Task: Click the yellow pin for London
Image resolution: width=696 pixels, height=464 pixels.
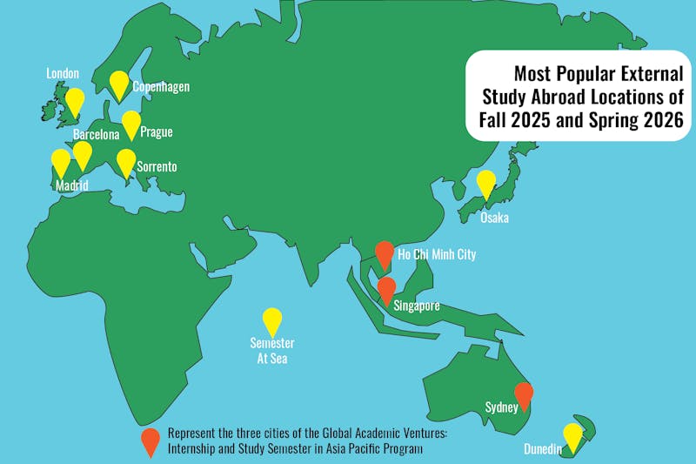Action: pyautogui.click(x=76, y=101)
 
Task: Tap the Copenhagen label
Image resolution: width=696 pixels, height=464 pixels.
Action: pyautogui.click(x=161, y=87)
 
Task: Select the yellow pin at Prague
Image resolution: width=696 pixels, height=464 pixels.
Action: pyautogui.click(x=130, y=124)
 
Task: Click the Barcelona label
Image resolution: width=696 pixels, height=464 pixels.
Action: pyautogui.click(x=96, y=135)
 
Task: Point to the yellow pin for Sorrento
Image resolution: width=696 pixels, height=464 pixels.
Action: pyautogui.click(x=126, y=162)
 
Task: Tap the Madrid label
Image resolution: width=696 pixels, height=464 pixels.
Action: pyautogui.click(x=71, y=185)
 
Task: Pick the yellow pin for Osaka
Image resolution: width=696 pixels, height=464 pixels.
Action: pyautogui.click(x=486, y=184)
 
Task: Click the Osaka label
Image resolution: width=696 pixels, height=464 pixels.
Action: pyautogui.click(x=494, y=218)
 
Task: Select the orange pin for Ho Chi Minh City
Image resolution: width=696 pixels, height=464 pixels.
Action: pyautogui.click(x=385, y=254)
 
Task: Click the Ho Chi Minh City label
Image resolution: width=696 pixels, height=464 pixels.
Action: pyautogui.click(x=437, y=254)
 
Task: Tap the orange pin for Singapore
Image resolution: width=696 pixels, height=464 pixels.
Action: pyautogui.click(x=387, y=289)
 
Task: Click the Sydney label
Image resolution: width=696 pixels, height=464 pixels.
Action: pyautogui.click(x=502, y=407)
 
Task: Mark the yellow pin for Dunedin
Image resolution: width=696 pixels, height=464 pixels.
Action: pyautogui.click(x=572, y=435)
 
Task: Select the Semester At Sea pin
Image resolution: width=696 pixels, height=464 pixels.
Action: pyautogui.click(x=272, y=321)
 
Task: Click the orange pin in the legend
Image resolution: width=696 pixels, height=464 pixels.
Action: pyautogui.click(x=151, y=440)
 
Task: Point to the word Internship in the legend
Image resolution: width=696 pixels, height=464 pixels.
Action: pyautogui.click(x=197, y=449)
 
